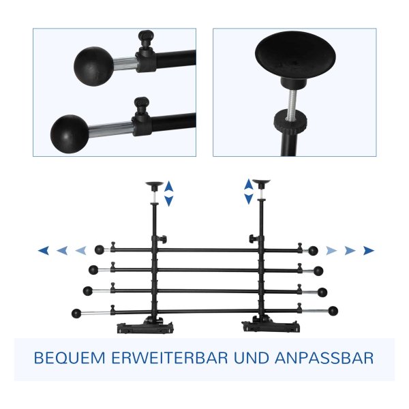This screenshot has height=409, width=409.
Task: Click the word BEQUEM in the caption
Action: (x=70, y=358)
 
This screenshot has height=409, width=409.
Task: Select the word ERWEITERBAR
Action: (x=170, y=358)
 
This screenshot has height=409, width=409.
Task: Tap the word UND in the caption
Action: (x=251, y=358)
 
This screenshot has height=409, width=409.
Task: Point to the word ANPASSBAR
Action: (x=324, y=358)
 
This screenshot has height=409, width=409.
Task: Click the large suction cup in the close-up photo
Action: (x=295, y=57)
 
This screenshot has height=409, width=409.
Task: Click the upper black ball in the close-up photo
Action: (x=94, y=67)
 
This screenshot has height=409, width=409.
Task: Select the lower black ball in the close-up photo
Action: (x=70, y=134)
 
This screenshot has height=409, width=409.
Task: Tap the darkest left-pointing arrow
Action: (x=44, y=250)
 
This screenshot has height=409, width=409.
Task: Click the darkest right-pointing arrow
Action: (x=369, y=250)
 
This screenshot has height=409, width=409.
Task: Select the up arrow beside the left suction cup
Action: (x=169, y=187)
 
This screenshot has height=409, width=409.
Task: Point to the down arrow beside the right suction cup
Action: (x=249, y=199)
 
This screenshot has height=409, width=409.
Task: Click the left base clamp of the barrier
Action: (x=145, y=325)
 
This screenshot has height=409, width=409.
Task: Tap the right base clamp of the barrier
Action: (x=271, y=324)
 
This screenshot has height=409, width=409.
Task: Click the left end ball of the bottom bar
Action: (x=76, y=314)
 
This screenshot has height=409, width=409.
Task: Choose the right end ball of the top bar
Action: (x=313, y=251)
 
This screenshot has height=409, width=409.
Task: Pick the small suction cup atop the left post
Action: (x=154, y=185)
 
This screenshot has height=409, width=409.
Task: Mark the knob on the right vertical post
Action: (x=252, y=238)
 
